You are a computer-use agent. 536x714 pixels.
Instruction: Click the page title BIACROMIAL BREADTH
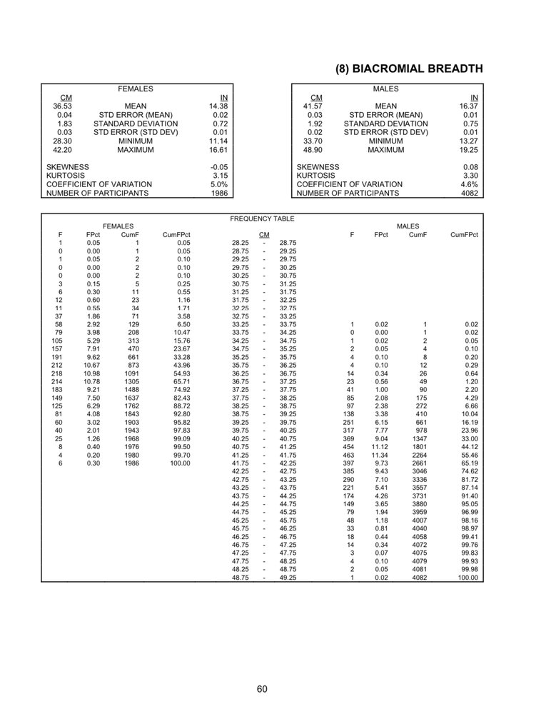(408, 69)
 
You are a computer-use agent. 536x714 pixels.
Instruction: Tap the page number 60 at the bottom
(262, 688)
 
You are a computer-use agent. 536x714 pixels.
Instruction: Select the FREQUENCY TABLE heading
(262, 218)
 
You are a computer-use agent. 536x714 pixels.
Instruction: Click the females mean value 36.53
(62, 106)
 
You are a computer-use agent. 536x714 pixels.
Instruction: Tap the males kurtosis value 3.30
(469, 175)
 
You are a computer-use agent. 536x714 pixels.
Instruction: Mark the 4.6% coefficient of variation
(469, 184)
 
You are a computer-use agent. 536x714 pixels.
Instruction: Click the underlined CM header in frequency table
(264, 234)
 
